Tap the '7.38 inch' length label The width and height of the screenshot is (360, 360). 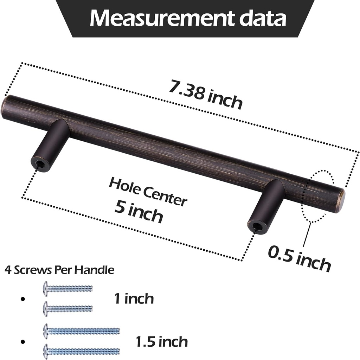click(205, 95)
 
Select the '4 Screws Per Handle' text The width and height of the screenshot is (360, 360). click(59, 270)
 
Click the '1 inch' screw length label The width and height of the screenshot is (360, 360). click(134, 299)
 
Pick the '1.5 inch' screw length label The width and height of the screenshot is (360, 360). click(161, 341)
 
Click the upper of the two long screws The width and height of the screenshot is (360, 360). click(81, 331)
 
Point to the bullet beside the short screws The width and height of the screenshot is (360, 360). click(23, 299)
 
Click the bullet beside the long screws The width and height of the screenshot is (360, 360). click(23, 341)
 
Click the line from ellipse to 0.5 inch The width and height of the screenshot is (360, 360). click(306, 234)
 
